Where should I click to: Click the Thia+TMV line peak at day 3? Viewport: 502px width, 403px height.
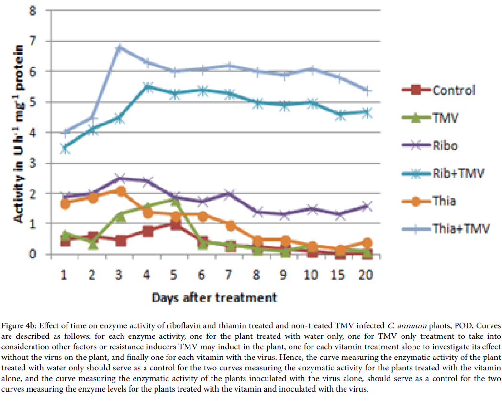120,47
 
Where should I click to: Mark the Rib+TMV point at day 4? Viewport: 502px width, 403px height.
148,87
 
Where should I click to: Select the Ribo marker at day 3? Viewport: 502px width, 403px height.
120,178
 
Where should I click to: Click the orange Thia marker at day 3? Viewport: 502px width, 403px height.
120,191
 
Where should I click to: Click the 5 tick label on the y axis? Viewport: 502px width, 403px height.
33,102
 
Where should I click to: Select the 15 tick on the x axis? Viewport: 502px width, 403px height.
340,275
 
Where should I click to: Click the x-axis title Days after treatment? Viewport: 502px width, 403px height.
214,297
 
